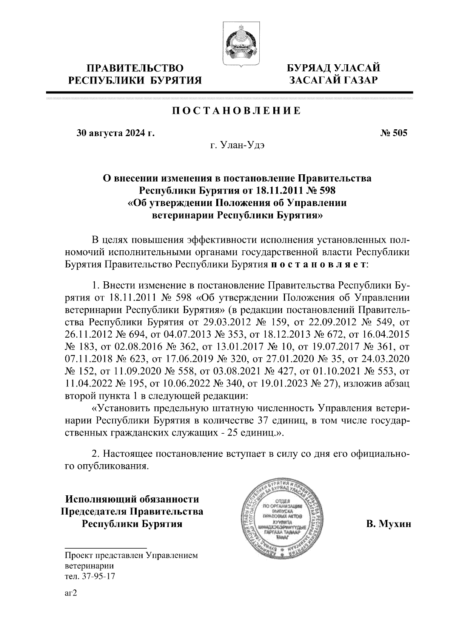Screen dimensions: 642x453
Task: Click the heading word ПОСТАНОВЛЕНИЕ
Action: coord(237,111)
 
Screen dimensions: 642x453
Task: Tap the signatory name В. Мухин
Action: coord(388,524)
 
